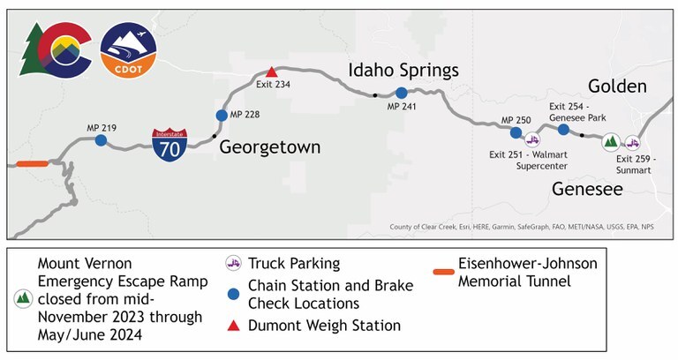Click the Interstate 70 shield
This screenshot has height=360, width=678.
(169, 145)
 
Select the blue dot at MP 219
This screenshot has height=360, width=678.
(101, 140)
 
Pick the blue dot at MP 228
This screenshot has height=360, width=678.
(222, 115)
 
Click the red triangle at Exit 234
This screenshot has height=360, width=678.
(272, 71)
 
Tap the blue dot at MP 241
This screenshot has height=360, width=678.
(401, 93)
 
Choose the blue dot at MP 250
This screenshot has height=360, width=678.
(516, 132)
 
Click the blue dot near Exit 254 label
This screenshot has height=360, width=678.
(563, 130)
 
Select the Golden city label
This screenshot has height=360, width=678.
(618, 86)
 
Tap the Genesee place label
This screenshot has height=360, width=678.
(587, 189)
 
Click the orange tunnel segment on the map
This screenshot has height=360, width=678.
(33, 163)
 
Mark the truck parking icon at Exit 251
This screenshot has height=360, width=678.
(532, 139)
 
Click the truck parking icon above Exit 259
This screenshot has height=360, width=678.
(633, 142)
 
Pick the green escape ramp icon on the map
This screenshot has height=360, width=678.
(610, 141)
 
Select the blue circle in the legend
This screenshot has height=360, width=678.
(234, 295)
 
